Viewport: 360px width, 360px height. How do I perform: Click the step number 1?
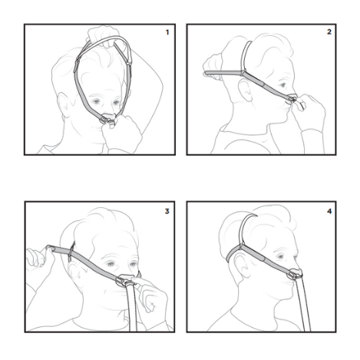tap(167, 32)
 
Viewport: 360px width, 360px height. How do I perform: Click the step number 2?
tap(329, 31)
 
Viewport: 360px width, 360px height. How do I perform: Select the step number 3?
tap(167, 211)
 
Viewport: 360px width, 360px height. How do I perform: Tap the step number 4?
tap(329, 211)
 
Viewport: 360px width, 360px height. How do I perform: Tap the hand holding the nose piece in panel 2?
tap(311, 110)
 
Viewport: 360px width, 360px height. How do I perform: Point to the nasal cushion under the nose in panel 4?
tap(296, 273)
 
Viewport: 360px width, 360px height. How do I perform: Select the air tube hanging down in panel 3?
tap(132, 309)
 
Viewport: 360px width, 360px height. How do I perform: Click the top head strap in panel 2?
tap(244, 57)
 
